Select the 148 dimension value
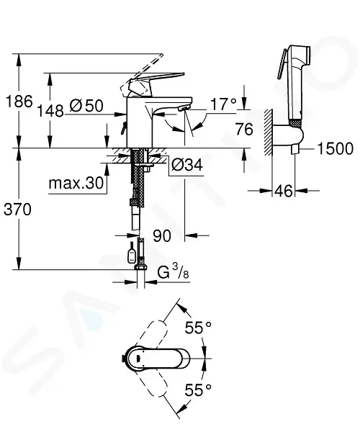[x=50, y=111]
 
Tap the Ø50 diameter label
[x=86, y=106]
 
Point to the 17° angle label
[x=223, y=104]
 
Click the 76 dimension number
[x=244, y=129]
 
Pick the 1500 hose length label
[x=335, y=148]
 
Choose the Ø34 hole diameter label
[x=187, y=164]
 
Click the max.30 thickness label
[x=76, y=183]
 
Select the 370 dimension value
[x=17, y=210]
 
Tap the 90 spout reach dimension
[x=162, y=235]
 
